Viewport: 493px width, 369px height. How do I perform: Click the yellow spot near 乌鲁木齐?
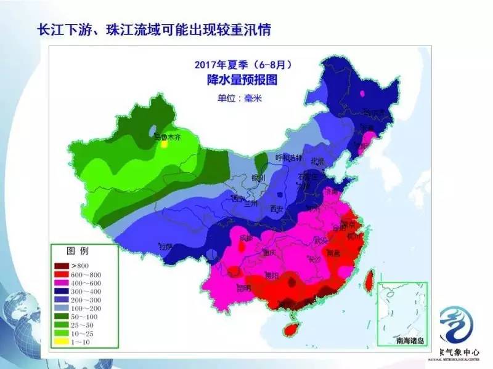pos(164,146)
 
